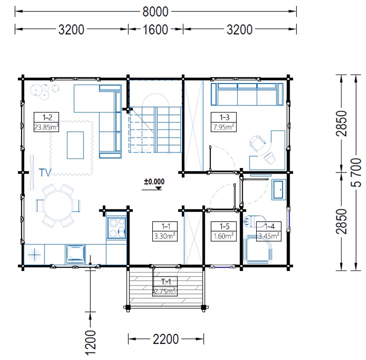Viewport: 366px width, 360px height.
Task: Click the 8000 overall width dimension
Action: (155, 11)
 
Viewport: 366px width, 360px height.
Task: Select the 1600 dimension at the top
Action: (155, 29)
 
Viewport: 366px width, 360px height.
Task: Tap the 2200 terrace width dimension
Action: (166, 339)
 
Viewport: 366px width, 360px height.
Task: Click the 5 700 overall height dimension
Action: (356, 172)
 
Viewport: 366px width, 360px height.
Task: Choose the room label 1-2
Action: (47, 117)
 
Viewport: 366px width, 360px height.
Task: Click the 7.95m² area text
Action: (224, 127)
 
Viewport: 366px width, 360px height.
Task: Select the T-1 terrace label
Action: (166, 281)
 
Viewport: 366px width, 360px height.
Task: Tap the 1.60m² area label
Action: (224, 236)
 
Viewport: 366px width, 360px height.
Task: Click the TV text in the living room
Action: (45, 173)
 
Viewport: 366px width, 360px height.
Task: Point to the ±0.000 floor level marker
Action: (154, 181)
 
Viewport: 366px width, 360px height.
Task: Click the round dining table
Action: (58, 205)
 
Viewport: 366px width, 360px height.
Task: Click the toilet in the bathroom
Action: (255, 221)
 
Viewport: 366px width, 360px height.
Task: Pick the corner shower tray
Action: (258, 250)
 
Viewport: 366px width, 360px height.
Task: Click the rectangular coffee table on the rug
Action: (75, 145)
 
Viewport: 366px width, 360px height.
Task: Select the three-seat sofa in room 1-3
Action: (247, 94)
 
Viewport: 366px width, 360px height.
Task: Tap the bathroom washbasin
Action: (279, 189)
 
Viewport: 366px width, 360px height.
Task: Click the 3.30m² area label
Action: (165, 236)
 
